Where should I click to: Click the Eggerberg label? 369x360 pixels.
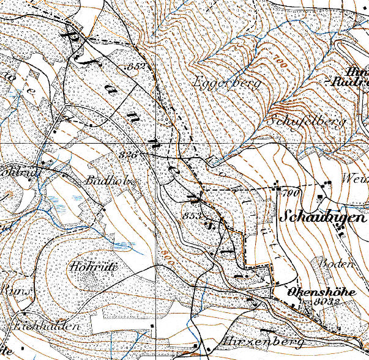click(227, 82)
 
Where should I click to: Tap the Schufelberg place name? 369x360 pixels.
click(307, 121)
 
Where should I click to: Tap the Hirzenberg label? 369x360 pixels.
click(263, 342)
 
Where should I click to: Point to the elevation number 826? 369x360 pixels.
click(130, 154)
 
